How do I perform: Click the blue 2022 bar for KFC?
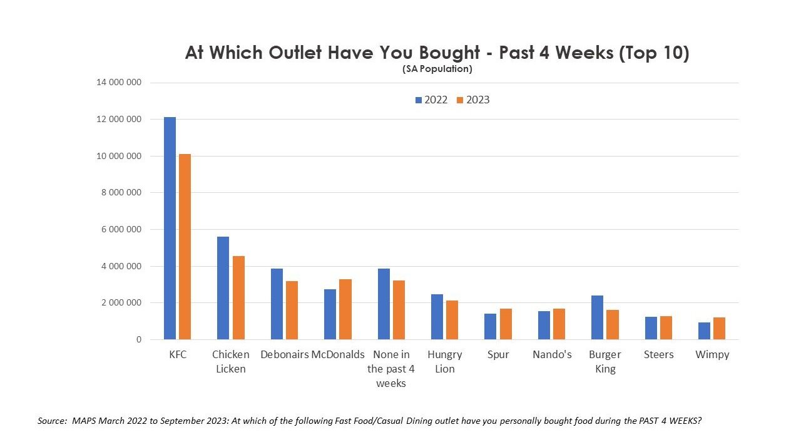click(x=170, y=229)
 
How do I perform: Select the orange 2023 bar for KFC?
click(x=184, y=247)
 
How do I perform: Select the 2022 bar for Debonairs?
click(x=277, y=304)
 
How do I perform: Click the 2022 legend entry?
click(x=432, y=100)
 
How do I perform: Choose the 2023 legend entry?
click(x=474, y=100)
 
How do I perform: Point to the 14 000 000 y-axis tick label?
click(x=119, y=83)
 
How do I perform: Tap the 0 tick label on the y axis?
click(x=138, y=340)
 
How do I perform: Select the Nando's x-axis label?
click(x=552, y=354)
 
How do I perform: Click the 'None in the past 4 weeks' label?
click(x=391, y=369)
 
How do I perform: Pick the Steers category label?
click(x=658, y=354)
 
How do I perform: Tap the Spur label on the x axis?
click(x=498, y=354)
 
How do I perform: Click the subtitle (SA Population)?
click(x=437, y=69)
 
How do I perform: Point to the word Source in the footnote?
click(x=51, y=421)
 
